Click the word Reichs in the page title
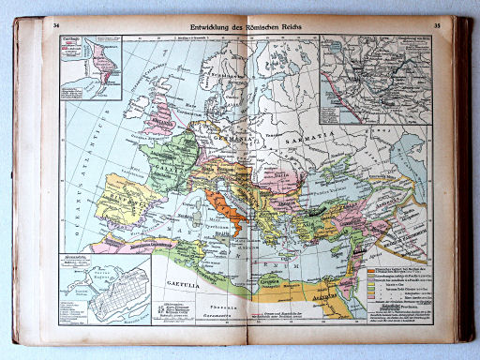click(x=300, y=27)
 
